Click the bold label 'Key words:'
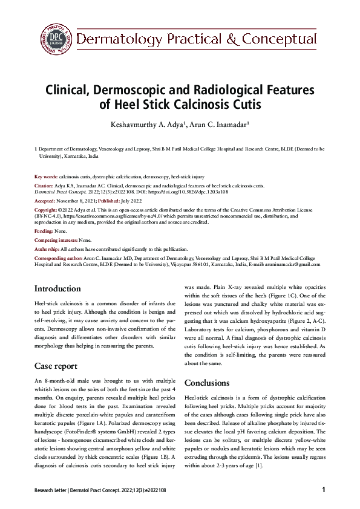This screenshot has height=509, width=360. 46,176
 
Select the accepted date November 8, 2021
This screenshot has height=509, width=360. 78,200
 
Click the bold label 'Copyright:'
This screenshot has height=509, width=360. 47,209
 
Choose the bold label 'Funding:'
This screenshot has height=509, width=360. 44,232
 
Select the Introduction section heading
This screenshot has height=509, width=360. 57,289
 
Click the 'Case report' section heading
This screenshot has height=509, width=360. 56,366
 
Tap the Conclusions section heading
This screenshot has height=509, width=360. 207,383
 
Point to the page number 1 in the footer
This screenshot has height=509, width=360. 324,489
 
